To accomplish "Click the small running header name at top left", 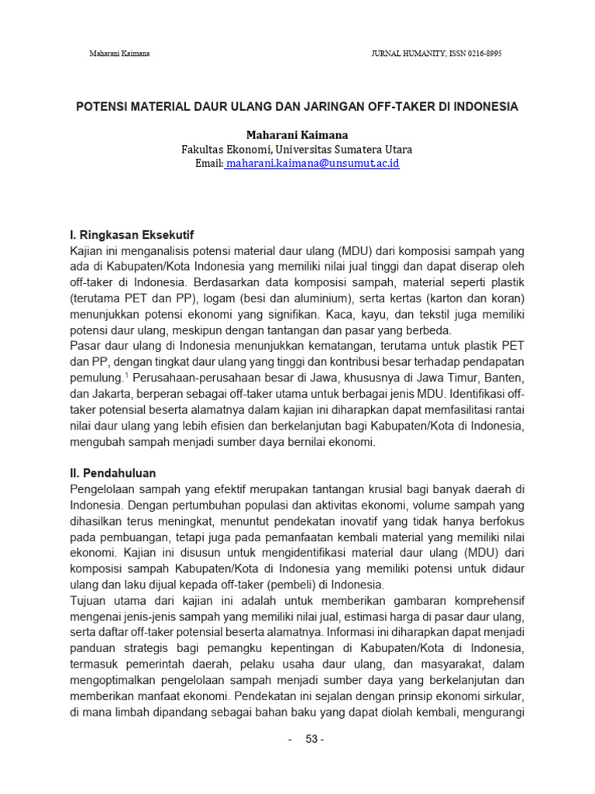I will [x=119, y=54].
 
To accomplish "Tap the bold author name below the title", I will [x=297, y=135].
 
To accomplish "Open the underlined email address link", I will [x=313, y=164].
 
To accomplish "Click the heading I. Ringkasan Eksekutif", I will [x=132, y=233].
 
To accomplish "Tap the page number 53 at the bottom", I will [x=314, y=739].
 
